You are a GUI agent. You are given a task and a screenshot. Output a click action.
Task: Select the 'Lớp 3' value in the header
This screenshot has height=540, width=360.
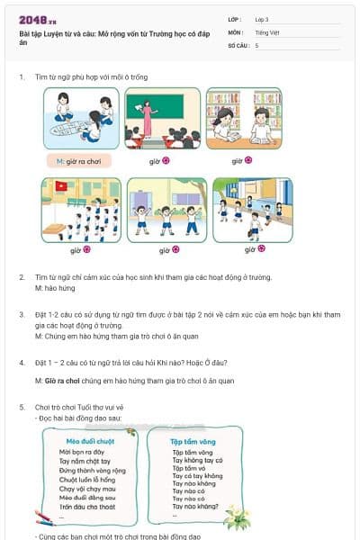click(x=262, y=19)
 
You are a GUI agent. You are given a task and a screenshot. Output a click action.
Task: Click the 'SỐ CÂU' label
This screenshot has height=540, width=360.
click(x=238, y=45)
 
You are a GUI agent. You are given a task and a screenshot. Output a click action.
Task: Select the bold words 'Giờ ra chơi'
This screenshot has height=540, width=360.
click(x=61, y=381)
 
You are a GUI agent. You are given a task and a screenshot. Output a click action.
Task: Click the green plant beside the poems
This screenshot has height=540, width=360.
click(x=238, y=517)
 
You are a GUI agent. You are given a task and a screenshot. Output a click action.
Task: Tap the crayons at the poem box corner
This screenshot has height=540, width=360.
click(x=44, y=517)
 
